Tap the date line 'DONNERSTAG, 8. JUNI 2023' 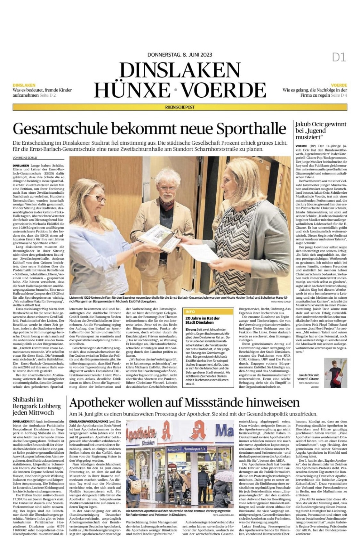pyautogui.click(x=180, y=55)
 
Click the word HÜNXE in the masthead pyautogui.click(x=132, y=90)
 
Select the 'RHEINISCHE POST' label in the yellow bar pyautogui.click(x=180, y=107)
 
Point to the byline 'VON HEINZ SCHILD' pyautogui.click(x=25, y=158)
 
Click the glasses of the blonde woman pyautogui.click(x=100, y=198)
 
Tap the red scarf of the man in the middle pyautogui.click(x=167, y=203)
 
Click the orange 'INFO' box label pyautogui.click(x=190, y=311)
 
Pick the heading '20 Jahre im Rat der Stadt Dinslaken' pyautogui.click(x=203, y=320)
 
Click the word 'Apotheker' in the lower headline pyautogui.click(x=102, y=402)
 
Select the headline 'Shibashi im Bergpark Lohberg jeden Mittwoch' pyautogui.click(x=36, y=406)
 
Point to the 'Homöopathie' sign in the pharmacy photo pyautogui.click(x=194, y=449)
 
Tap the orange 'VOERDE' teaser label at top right pyautogui.click(x=339, y=85)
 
